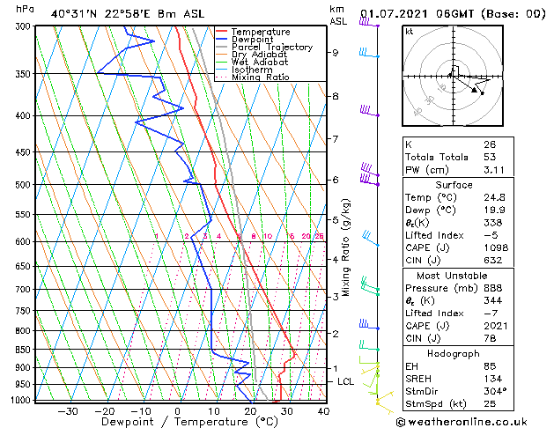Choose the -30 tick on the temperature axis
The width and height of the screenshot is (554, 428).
67,410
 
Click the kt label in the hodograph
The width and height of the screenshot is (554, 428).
409,31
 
